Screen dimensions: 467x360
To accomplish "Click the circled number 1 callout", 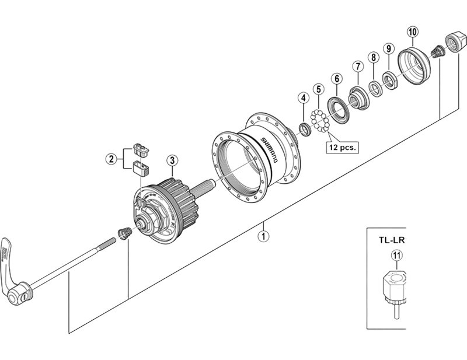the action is (263, 236).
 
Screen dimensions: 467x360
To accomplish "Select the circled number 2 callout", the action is (111, 159).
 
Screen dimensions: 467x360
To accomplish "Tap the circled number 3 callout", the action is (172, 160).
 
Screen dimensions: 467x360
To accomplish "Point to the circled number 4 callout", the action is (304, 97).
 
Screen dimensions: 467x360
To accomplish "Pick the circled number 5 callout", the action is (319, 89).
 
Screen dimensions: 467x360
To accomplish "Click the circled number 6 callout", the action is (337, 79).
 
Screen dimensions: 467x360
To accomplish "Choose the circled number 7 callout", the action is (358, 67).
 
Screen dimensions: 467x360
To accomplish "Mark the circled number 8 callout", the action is (374, 57).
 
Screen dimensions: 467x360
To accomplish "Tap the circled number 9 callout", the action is (389, 48).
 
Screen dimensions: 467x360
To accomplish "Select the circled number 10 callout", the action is (413, 32).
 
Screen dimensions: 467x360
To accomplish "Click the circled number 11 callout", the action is (396, 255).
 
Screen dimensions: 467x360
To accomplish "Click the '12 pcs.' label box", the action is (343, 148).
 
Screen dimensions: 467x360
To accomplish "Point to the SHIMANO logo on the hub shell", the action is (269, 150).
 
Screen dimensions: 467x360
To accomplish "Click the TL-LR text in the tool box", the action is (392, 240).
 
